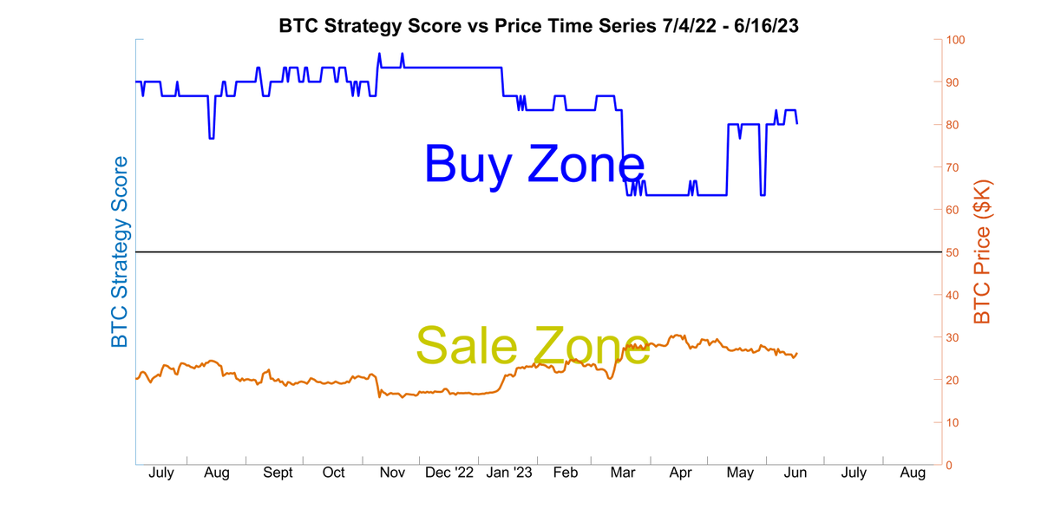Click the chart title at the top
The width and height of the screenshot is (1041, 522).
[x=538, y=25]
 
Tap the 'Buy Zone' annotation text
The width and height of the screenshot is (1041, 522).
[x=534, y=164]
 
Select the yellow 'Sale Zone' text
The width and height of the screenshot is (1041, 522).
[x=533, y=344]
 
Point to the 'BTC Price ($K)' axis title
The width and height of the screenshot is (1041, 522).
[x=982, y=252]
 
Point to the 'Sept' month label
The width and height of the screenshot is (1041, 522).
[x=278, y=473]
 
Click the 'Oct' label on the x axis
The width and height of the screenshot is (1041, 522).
[x=334, y=473]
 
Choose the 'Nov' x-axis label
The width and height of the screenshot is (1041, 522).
[x=393, y=473]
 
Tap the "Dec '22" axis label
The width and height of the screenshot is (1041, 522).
[x=450, y=473]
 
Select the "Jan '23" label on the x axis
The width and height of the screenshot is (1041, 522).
[x=509, y=473]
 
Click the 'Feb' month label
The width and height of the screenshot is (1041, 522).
[x=566, y=473]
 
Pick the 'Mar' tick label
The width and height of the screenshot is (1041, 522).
[x=623, y=473]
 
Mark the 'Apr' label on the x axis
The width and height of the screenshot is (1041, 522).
[x=681, y=473]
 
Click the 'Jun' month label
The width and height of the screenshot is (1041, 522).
[x=795, y=473]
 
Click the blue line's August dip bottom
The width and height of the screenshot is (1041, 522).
[x=211, y=138]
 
